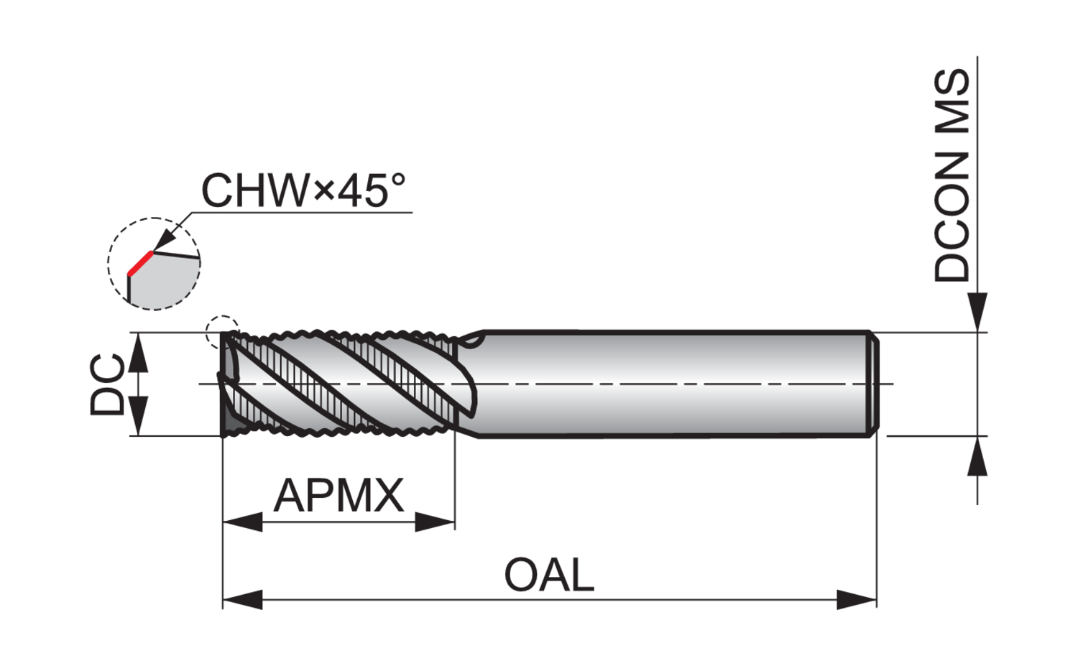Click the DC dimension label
click(108, 384)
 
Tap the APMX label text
click(338, 495)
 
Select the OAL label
click(549, 575)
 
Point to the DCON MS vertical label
click(952, 176)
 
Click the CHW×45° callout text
click(303, 190)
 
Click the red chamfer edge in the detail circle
click(140, 263)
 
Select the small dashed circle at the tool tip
click(222, 331)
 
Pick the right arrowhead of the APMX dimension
click(436, 522)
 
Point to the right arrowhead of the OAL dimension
click(857, 599)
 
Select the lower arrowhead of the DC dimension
click(138, 417)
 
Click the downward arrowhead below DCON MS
click(977, 313)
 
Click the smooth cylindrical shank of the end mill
click(668, 384)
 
